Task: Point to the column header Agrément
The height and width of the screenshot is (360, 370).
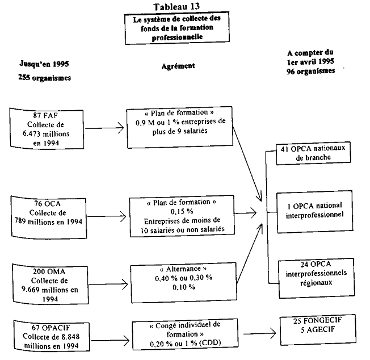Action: [x=177, y=65]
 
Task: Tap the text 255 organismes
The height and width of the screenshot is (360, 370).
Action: [x=44, y=78]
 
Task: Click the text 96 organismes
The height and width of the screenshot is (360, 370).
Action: [x=310, y=72]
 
